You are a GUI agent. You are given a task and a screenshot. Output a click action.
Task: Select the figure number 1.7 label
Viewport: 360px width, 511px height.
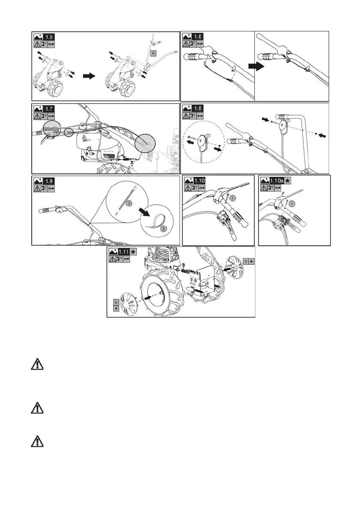point(50,109)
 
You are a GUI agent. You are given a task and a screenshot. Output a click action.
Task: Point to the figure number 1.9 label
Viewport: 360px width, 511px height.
point(50,181)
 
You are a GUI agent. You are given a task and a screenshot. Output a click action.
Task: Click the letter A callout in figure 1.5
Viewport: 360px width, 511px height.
point(153,53)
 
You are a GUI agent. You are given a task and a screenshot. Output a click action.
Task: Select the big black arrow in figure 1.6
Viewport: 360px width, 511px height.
point(255,66)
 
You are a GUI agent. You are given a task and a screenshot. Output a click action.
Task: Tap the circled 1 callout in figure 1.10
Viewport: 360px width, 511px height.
point(232,198)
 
